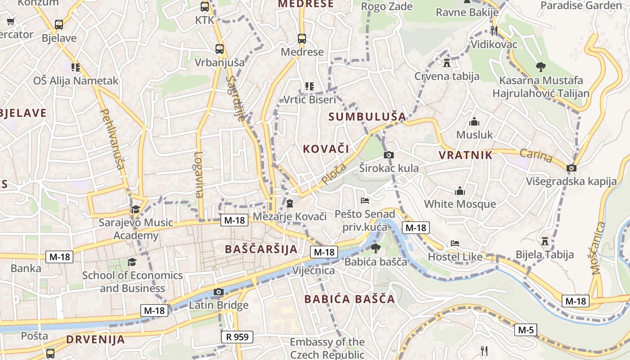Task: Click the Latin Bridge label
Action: (x=219, y=305)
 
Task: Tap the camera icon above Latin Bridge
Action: (x=219, y=292)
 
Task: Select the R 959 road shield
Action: (x=237, y=337)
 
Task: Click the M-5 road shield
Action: (x=526, y=330)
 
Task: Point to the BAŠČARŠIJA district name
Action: (x=261, y=249)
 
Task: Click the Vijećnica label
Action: (x=314, y=270)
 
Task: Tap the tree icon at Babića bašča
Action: (x=375, y=248)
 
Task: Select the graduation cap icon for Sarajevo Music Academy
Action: (x=135, y=209)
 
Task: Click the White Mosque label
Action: (x=460, y=204)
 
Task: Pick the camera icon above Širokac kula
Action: (x=389, y=155)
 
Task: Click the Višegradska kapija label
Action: (x=571, y=181)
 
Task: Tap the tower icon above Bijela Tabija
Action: (x=545, y=241)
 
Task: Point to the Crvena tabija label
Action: (x=447, y=76)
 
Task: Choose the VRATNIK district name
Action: (x=465, y=155)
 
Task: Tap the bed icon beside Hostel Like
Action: (x=455, y=244)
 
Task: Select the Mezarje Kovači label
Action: (x=289, y=216)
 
